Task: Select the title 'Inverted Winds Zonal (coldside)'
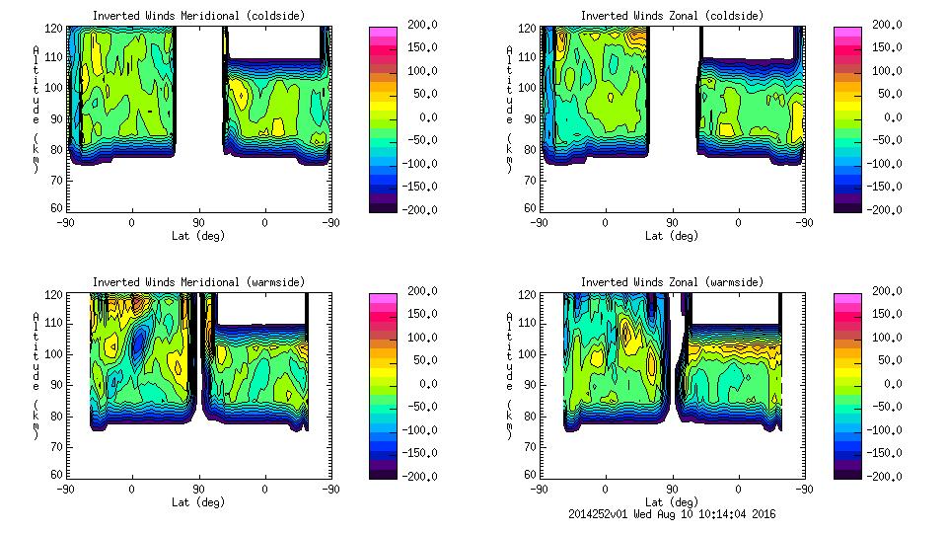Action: click(671, 16)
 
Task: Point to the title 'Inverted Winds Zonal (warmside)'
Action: click(671, 282)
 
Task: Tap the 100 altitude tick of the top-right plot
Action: click(521, 87)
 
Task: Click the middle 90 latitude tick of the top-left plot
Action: click(198, 222)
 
